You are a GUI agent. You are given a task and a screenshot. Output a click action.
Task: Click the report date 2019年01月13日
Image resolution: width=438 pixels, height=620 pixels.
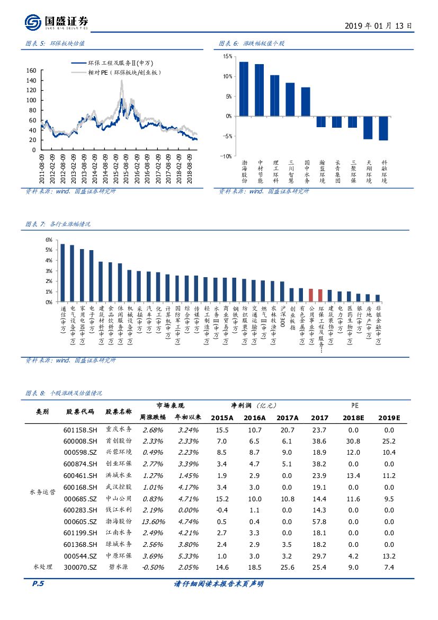[x=378, y=25]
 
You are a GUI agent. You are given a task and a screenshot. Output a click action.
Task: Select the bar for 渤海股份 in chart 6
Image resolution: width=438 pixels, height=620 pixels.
[x=244, y=88]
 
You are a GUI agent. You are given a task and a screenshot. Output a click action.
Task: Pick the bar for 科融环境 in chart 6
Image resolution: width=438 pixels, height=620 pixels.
[x=383, y=128]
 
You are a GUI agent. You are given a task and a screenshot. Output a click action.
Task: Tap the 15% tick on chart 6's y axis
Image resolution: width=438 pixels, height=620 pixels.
[x=227, y=56]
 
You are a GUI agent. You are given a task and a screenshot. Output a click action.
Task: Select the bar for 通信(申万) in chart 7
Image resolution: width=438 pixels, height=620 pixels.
[x=62, y=273]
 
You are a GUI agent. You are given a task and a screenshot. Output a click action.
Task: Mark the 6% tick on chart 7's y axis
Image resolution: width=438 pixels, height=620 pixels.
[x=49, y=240]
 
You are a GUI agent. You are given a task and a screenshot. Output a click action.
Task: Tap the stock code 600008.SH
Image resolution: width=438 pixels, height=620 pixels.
[x=81, y=441]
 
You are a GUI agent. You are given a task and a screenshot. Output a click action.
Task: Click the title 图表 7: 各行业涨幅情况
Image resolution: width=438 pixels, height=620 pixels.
[x=58, y=224]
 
